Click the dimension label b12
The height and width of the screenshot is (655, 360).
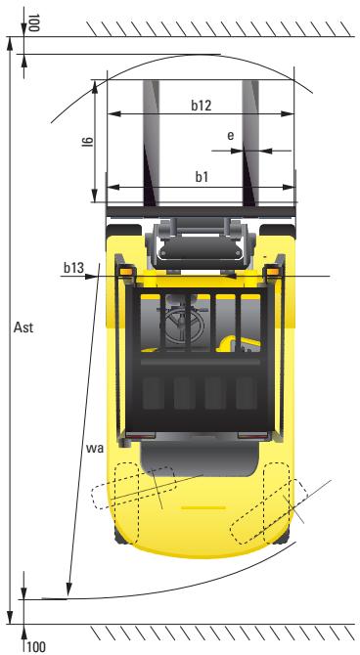click(202, 105)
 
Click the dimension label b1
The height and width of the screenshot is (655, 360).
click(201, 177)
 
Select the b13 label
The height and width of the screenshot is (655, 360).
click(72, 266)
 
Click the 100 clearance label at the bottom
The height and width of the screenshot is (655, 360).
click(36, 645)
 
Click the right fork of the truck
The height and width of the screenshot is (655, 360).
click(249, 137)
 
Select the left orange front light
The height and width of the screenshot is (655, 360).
click(126, 271)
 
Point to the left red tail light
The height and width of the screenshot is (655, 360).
click(141, 433)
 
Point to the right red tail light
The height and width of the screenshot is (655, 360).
click(251, 433)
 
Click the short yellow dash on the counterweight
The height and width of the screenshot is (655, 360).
click(202, 508)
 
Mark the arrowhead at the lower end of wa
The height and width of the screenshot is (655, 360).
click(68, 589)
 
